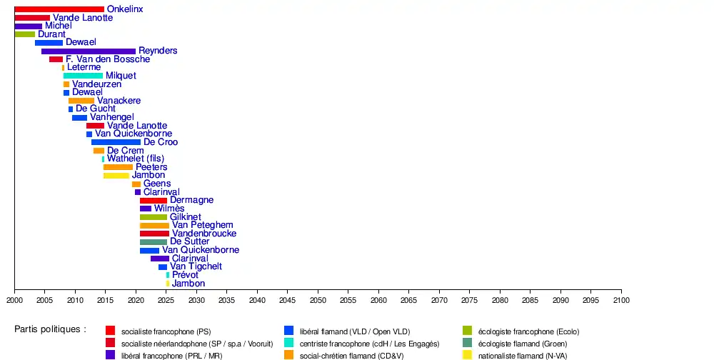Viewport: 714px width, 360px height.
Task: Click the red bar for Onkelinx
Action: click(59, 9)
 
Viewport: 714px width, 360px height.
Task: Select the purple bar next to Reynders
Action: click(89, 51)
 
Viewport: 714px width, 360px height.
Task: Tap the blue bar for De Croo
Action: click(116, 142)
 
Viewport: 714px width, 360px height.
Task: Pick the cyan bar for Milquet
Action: click(83, 76)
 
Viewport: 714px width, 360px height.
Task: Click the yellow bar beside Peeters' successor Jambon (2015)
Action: click(116, 176)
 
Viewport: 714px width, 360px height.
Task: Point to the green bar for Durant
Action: click(24, 34)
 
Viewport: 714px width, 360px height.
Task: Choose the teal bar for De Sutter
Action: click(154, 242)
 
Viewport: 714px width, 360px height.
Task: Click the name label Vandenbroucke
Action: click(204, 234)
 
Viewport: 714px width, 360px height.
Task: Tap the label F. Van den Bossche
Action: click(108, 59)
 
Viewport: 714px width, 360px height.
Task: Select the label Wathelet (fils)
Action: click(136, 159)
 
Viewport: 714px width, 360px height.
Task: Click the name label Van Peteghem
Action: click(203, 225)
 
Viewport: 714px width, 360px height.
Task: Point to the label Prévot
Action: click(186, 275)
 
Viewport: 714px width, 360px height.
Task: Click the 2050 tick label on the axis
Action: click(318, 300)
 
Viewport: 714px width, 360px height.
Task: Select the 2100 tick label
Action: click(621, 300)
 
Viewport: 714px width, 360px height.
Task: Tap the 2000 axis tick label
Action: click(14, 300)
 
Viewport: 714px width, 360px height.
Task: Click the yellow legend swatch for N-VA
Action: click(468, 354)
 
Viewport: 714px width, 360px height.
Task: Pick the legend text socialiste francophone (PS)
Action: click(166, 331)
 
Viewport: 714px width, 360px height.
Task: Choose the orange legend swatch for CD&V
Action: click(289, 354)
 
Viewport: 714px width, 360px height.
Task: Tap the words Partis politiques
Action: click(50, 329)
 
